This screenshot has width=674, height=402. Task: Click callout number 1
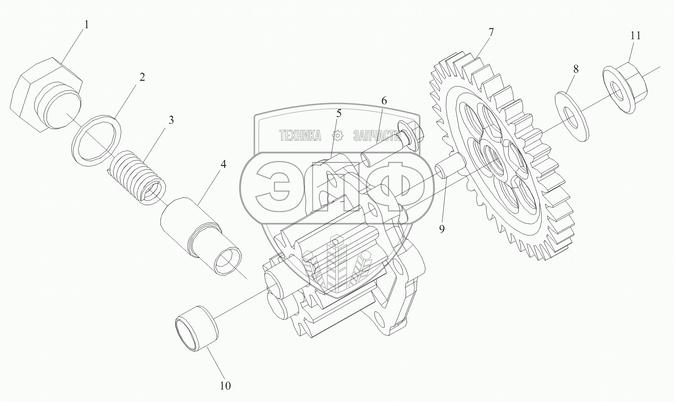pyautogui.click(x=87, y=25)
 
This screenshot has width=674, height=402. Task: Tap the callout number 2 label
pyautogui.click(x=142, y=77)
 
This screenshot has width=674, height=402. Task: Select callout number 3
pyautogui.click(x=171, y=120)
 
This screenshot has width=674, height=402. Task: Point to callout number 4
pyautogui.click(x=223, y=164)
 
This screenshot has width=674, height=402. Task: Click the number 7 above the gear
pyautogui.click(x=491, y=33)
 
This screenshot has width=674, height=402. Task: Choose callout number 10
pyautogui.click(x=225, y=386)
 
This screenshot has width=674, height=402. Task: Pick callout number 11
pyautogui.click(x=635, y=36)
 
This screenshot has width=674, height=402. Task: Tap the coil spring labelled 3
pyautogui.click(x=137, y=176)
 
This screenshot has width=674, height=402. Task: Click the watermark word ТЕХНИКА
pyautogui.click(x=300, y=135)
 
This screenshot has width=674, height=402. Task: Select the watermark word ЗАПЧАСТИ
pyautogui.click(x=375, y=135)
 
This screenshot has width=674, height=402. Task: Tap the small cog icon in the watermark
pyautogui.click(x=337, y=135)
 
